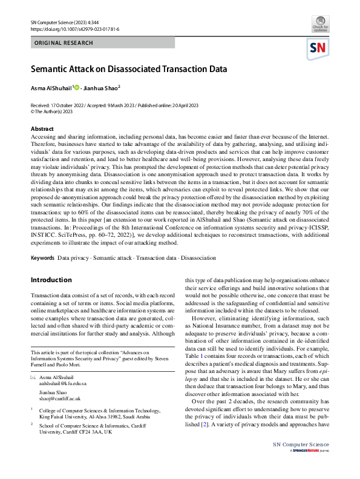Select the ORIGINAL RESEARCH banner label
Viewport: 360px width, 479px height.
64,43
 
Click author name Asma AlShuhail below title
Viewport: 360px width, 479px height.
51,88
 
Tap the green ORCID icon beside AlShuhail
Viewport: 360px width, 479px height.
77,88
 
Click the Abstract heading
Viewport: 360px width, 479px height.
42,129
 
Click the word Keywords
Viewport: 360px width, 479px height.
43,258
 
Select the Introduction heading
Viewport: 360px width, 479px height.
51,280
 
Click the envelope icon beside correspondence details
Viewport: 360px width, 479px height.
33,377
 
